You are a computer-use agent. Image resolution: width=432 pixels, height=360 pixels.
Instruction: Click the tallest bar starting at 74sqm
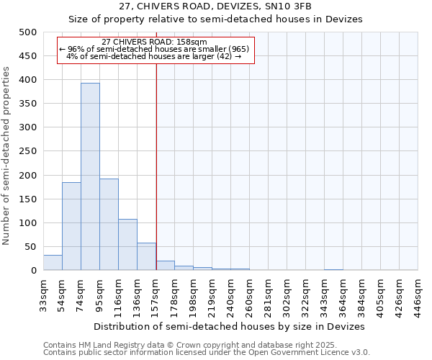[x=90, y=176]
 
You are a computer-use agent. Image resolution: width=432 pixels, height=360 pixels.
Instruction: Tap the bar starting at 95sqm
[x=109, y=225]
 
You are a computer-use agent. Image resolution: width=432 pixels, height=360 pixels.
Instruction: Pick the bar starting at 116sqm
[x=127, y=245]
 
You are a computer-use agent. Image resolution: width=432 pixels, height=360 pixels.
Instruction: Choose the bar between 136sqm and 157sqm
[x=146, y=256]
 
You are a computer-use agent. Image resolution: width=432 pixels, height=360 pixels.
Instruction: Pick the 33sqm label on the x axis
[x=43, y=293]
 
